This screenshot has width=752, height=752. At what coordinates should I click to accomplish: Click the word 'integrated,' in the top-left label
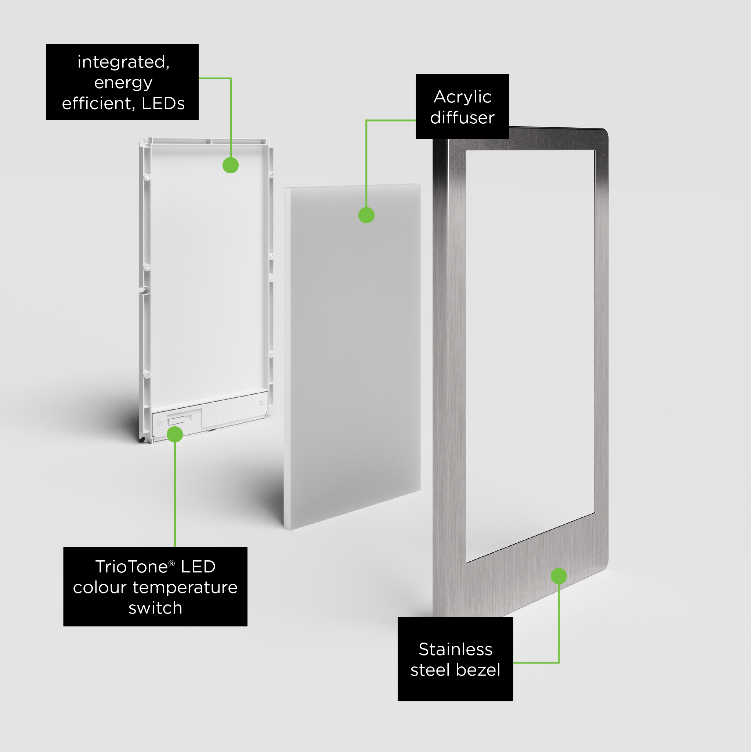pyautogui.click(x=123, y=62)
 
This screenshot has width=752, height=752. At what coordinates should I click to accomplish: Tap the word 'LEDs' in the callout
pyautogui.click(x=163, y=104)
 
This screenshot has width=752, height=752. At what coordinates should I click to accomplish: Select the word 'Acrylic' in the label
pyautogui.click(x=462, y=97)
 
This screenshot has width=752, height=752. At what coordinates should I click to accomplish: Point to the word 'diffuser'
pyautogui.click(x=462, y=117)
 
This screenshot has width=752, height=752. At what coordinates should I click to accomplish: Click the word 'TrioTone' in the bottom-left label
pyautogui.click(x=131, y=567)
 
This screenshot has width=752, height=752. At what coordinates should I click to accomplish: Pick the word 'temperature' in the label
pyautogui.click(x=185, y=588)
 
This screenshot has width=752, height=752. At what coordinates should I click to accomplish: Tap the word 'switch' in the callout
pyautogui.click(x=155, y=608)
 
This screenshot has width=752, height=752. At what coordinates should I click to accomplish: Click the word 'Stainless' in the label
pyautogui.click(x=455, y=649)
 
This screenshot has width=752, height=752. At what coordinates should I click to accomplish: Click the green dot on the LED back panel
pyautogui.click(x=231, y=166)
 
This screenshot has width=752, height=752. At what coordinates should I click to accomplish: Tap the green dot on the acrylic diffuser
pyautogui.click(x=366, y=215)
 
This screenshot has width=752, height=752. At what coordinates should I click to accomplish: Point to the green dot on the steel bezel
pyautogui.click(x=558, y=576)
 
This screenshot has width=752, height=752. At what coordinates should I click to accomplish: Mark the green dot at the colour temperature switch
pyautogui.click(x=175, y=434)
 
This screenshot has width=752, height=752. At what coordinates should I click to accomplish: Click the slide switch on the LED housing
pyautogui.click(x=180, y=420)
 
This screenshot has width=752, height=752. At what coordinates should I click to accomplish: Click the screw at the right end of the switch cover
pyautogui.click(x=261, y=403)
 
